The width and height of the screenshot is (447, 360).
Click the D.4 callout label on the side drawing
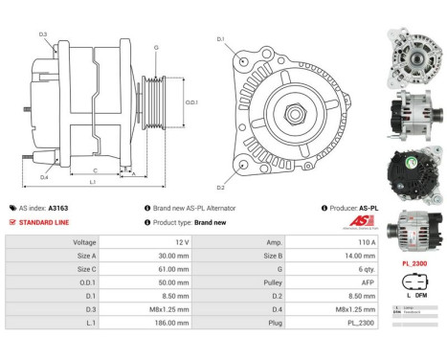tap(44, 176)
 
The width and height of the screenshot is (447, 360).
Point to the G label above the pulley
tap(156, 47)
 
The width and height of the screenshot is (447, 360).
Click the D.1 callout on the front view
tap(220, 39)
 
